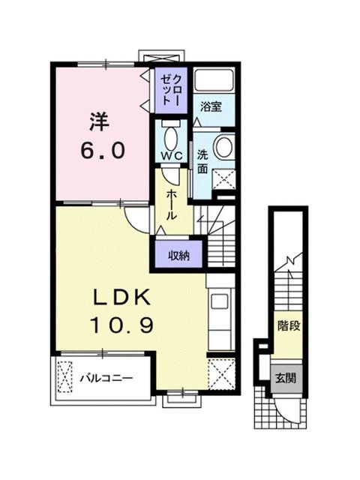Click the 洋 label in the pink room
pos(99,121)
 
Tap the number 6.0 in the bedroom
pos(103,151)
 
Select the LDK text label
pos(122,297)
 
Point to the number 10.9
pos(121,325)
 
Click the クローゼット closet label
pos(171,90)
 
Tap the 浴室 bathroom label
pos(211,106)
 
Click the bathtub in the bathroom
pos(214,80)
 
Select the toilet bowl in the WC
pos(171,139)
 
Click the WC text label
pos(172,156)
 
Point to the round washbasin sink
pos(223,146)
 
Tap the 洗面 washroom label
pos(202,162)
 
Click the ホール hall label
pos(172,204)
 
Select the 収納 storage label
pos(178,255)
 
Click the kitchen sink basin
pos(219,301)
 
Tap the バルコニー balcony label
pos(106,378)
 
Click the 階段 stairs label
pos(288,325)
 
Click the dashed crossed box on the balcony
pos(65,377)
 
